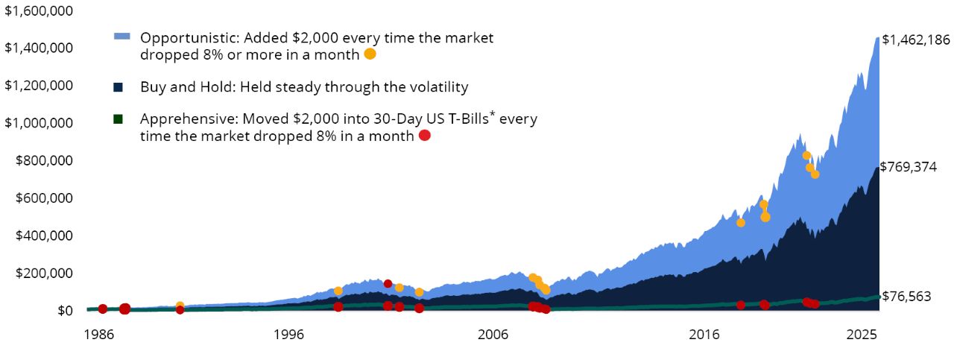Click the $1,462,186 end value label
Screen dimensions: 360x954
[x=915, y=40]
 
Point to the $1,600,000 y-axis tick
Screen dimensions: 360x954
[x=39, y=10]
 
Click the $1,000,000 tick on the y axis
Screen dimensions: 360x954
[x=39, y=123]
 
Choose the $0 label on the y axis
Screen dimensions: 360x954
[x=63, y=311]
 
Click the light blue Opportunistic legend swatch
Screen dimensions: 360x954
[x=122, y=36]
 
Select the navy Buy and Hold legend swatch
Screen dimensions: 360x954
[x=118, y=87]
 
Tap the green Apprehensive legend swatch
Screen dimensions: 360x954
[x=118, y=119]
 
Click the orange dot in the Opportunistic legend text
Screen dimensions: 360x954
[x=370, y=54]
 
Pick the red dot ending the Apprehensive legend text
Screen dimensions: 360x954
[x=425, y=136]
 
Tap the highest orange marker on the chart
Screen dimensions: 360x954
[x=806, y=155]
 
